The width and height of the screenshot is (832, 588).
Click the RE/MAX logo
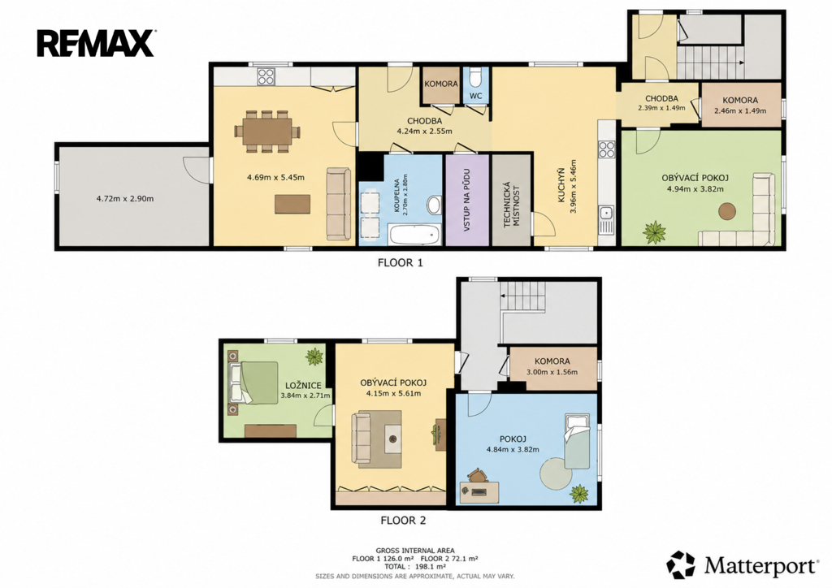tap(96, 44)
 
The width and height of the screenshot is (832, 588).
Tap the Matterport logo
tap(743, 565)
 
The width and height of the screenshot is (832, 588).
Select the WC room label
tap(476, 96)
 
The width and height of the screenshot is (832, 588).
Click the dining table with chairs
tap(268, 131)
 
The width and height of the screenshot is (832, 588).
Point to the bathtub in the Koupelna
tap(414, 235)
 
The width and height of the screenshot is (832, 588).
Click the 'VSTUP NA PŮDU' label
tap(466, 201)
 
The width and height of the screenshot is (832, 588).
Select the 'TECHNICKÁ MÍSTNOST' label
tap(510, 205)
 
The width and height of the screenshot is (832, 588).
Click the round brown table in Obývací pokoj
tap(727, 211)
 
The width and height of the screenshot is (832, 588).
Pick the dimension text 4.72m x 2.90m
tap(124, 199)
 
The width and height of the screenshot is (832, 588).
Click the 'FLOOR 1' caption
tap(400, 262)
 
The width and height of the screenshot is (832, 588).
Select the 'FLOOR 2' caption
tap(403, 521)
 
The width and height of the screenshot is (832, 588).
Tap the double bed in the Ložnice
tap(253, 383)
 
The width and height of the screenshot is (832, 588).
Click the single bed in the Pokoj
tap(576, 441)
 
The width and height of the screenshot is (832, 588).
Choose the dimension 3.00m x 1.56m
tap(552, 372)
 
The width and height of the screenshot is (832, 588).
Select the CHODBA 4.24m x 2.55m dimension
tap(424, 131)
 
